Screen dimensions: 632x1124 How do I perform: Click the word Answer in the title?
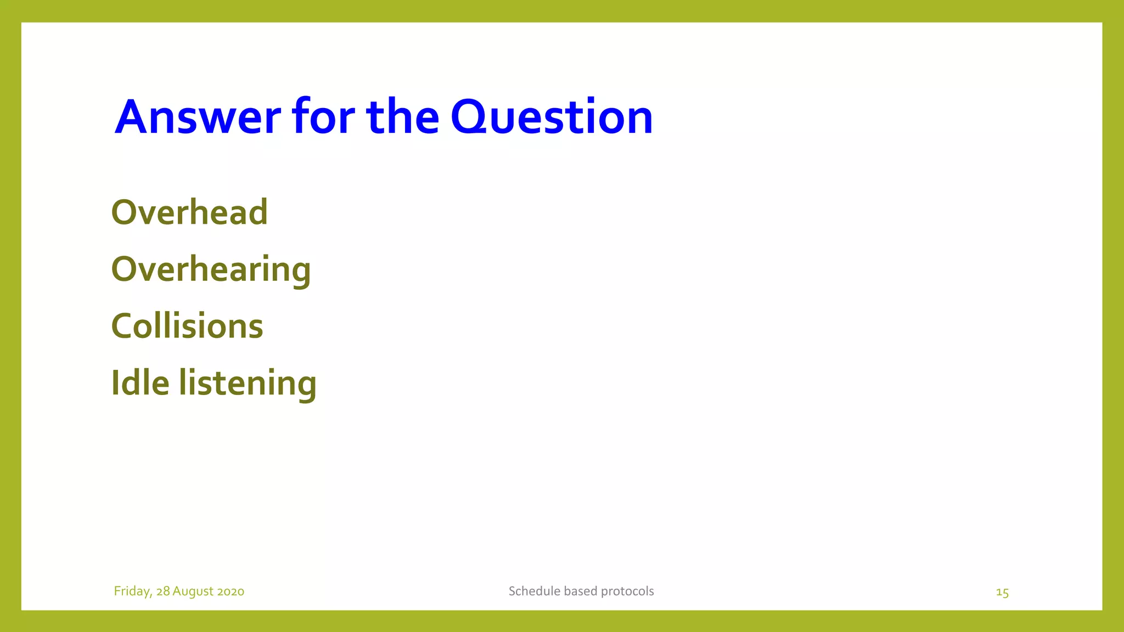(198, 117)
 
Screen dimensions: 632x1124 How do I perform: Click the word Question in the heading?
(552, 117)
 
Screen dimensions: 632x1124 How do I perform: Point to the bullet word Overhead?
(189, 212)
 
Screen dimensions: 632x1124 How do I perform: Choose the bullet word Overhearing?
(211, 269)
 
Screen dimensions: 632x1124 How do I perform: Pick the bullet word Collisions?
(187, 326)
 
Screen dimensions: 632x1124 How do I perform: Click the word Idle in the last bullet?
(140, 382)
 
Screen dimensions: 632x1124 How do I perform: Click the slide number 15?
(1002, 592)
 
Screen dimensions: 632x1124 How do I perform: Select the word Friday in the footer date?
(132, 591)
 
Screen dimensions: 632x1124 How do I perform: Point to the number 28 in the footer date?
(163, 591)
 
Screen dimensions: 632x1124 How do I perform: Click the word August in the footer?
(193, 591)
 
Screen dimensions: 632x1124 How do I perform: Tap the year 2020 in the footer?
(231, 591)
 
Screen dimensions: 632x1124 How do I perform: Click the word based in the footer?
(581, 591)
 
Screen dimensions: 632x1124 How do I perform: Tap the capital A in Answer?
(133, 117)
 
